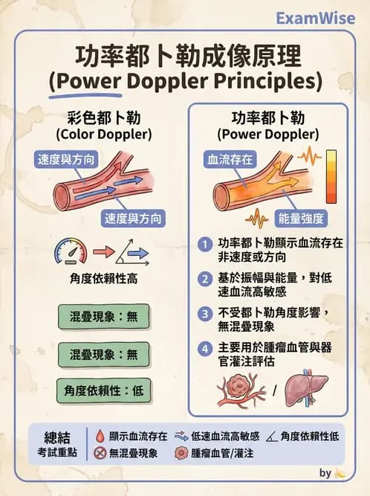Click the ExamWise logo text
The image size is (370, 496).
(x=315, y=18)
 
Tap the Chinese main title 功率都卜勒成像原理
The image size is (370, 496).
(x=189, y=57)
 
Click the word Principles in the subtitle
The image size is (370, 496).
(x=267, y=81)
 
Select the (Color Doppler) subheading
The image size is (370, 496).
(x=103, y=134)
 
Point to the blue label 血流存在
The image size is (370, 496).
(x=230, y=159)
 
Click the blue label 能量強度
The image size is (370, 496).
(x=301, y=219)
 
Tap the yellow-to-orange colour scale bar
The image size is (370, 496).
(x=331, y=176)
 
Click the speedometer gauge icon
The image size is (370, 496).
(x=71, y=251)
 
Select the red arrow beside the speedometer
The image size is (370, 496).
(x=103, y=252)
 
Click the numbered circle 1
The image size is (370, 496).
(x=205, y=245)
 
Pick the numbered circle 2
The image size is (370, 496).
(x=205, y=280)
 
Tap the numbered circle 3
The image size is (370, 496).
(x=205, y=314)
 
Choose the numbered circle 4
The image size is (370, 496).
(x=205, y=349)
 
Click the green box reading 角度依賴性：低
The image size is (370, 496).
(x=103, y=390)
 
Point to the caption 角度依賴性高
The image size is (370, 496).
(x=103, y=279)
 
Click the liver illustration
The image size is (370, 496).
(x=306, y=388)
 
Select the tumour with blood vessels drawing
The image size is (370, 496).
(x=241, y=389)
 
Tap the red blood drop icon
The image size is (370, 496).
(x=100, y=436)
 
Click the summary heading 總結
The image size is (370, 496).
(x=57, y=437)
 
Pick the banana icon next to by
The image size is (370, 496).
(x=340, y=473)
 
